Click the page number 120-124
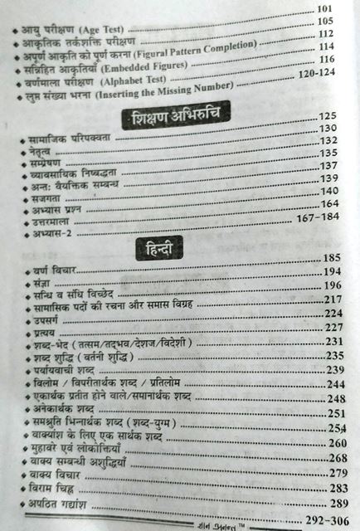tap(317, 76)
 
